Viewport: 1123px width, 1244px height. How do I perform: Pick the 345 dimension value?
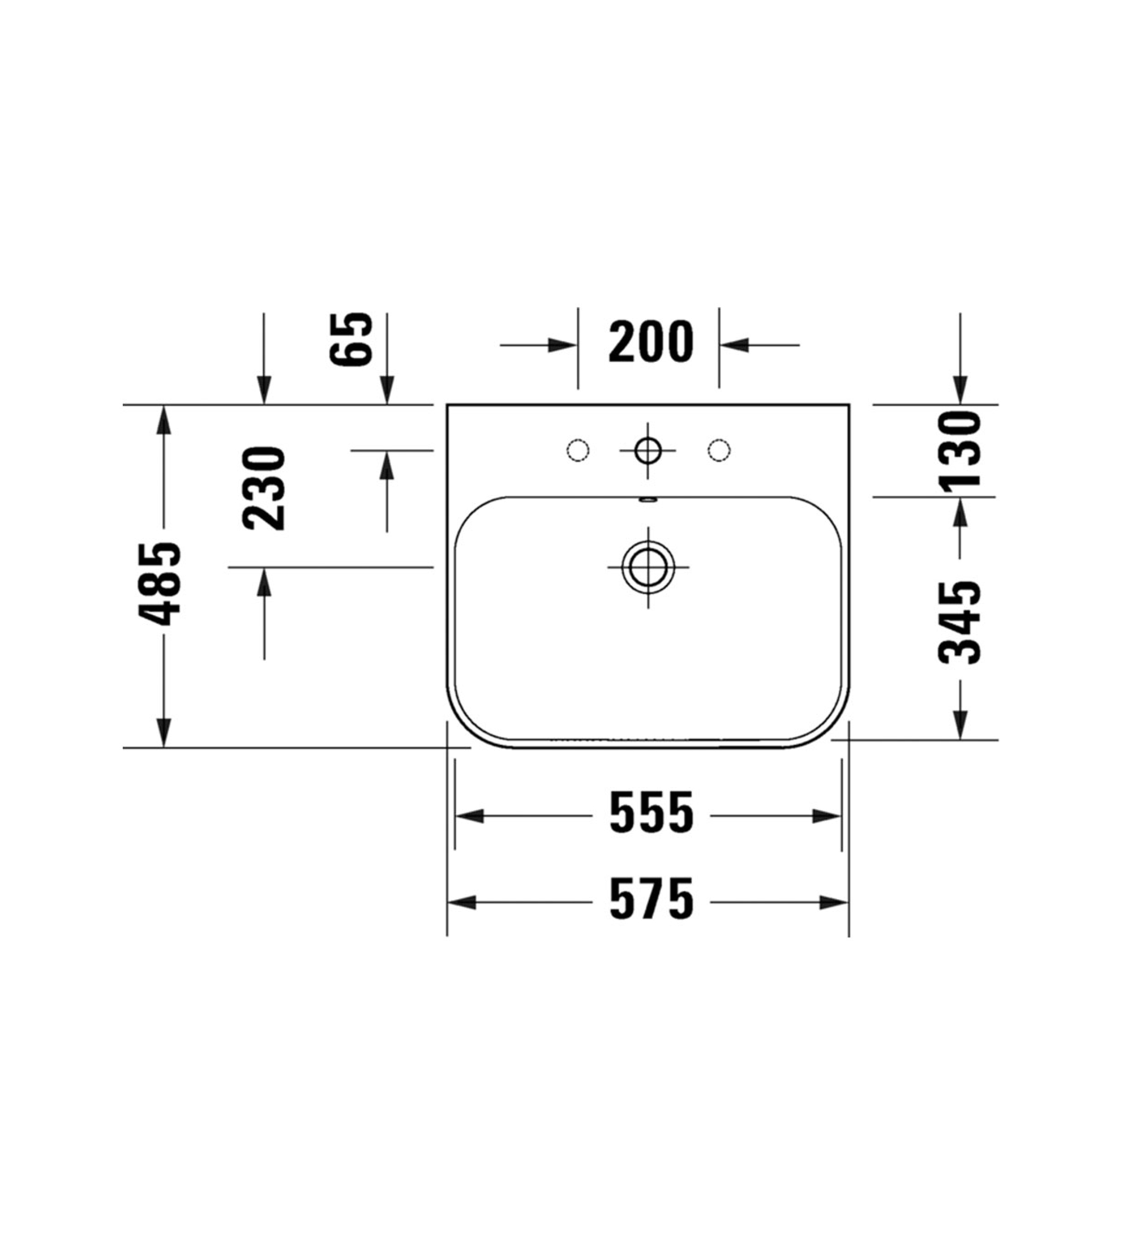click(959, 623)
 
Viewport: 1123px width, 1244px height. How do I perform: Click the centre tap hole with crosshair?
click(648, 451)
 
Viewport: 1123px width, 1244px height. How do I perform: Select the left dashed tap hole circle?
click(577, 451)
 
